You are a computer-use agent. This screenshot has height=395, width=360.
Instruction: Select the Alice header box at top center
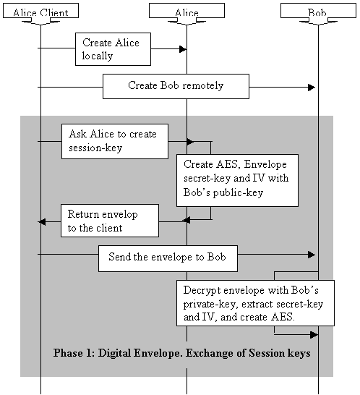pyautogui.click(x=187, y=11)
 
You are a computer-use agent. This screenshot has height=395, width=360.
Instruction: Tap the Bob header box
pyautogui.click(x=317, y=11)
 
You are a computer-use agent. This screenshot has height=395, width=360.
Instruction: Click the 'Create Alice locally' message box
pyautogui.click(x=108, y=49)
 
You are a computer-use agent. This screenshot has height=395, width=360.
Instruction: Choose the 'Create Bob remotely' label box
pyautogui.click(x=176, y=86)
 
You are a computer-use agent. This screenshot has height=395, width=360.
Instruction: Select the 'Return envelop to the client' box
pyautogui.click(x=109, y=221)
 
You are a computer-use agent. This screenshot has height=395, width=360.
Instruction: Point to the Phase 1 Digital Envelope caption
pyautogui.click(x=181, y=354)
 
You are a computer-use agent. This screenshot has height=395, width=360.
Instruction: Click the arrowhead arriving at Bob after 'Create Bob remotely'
pyautogui.click(x=312, y=88)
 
